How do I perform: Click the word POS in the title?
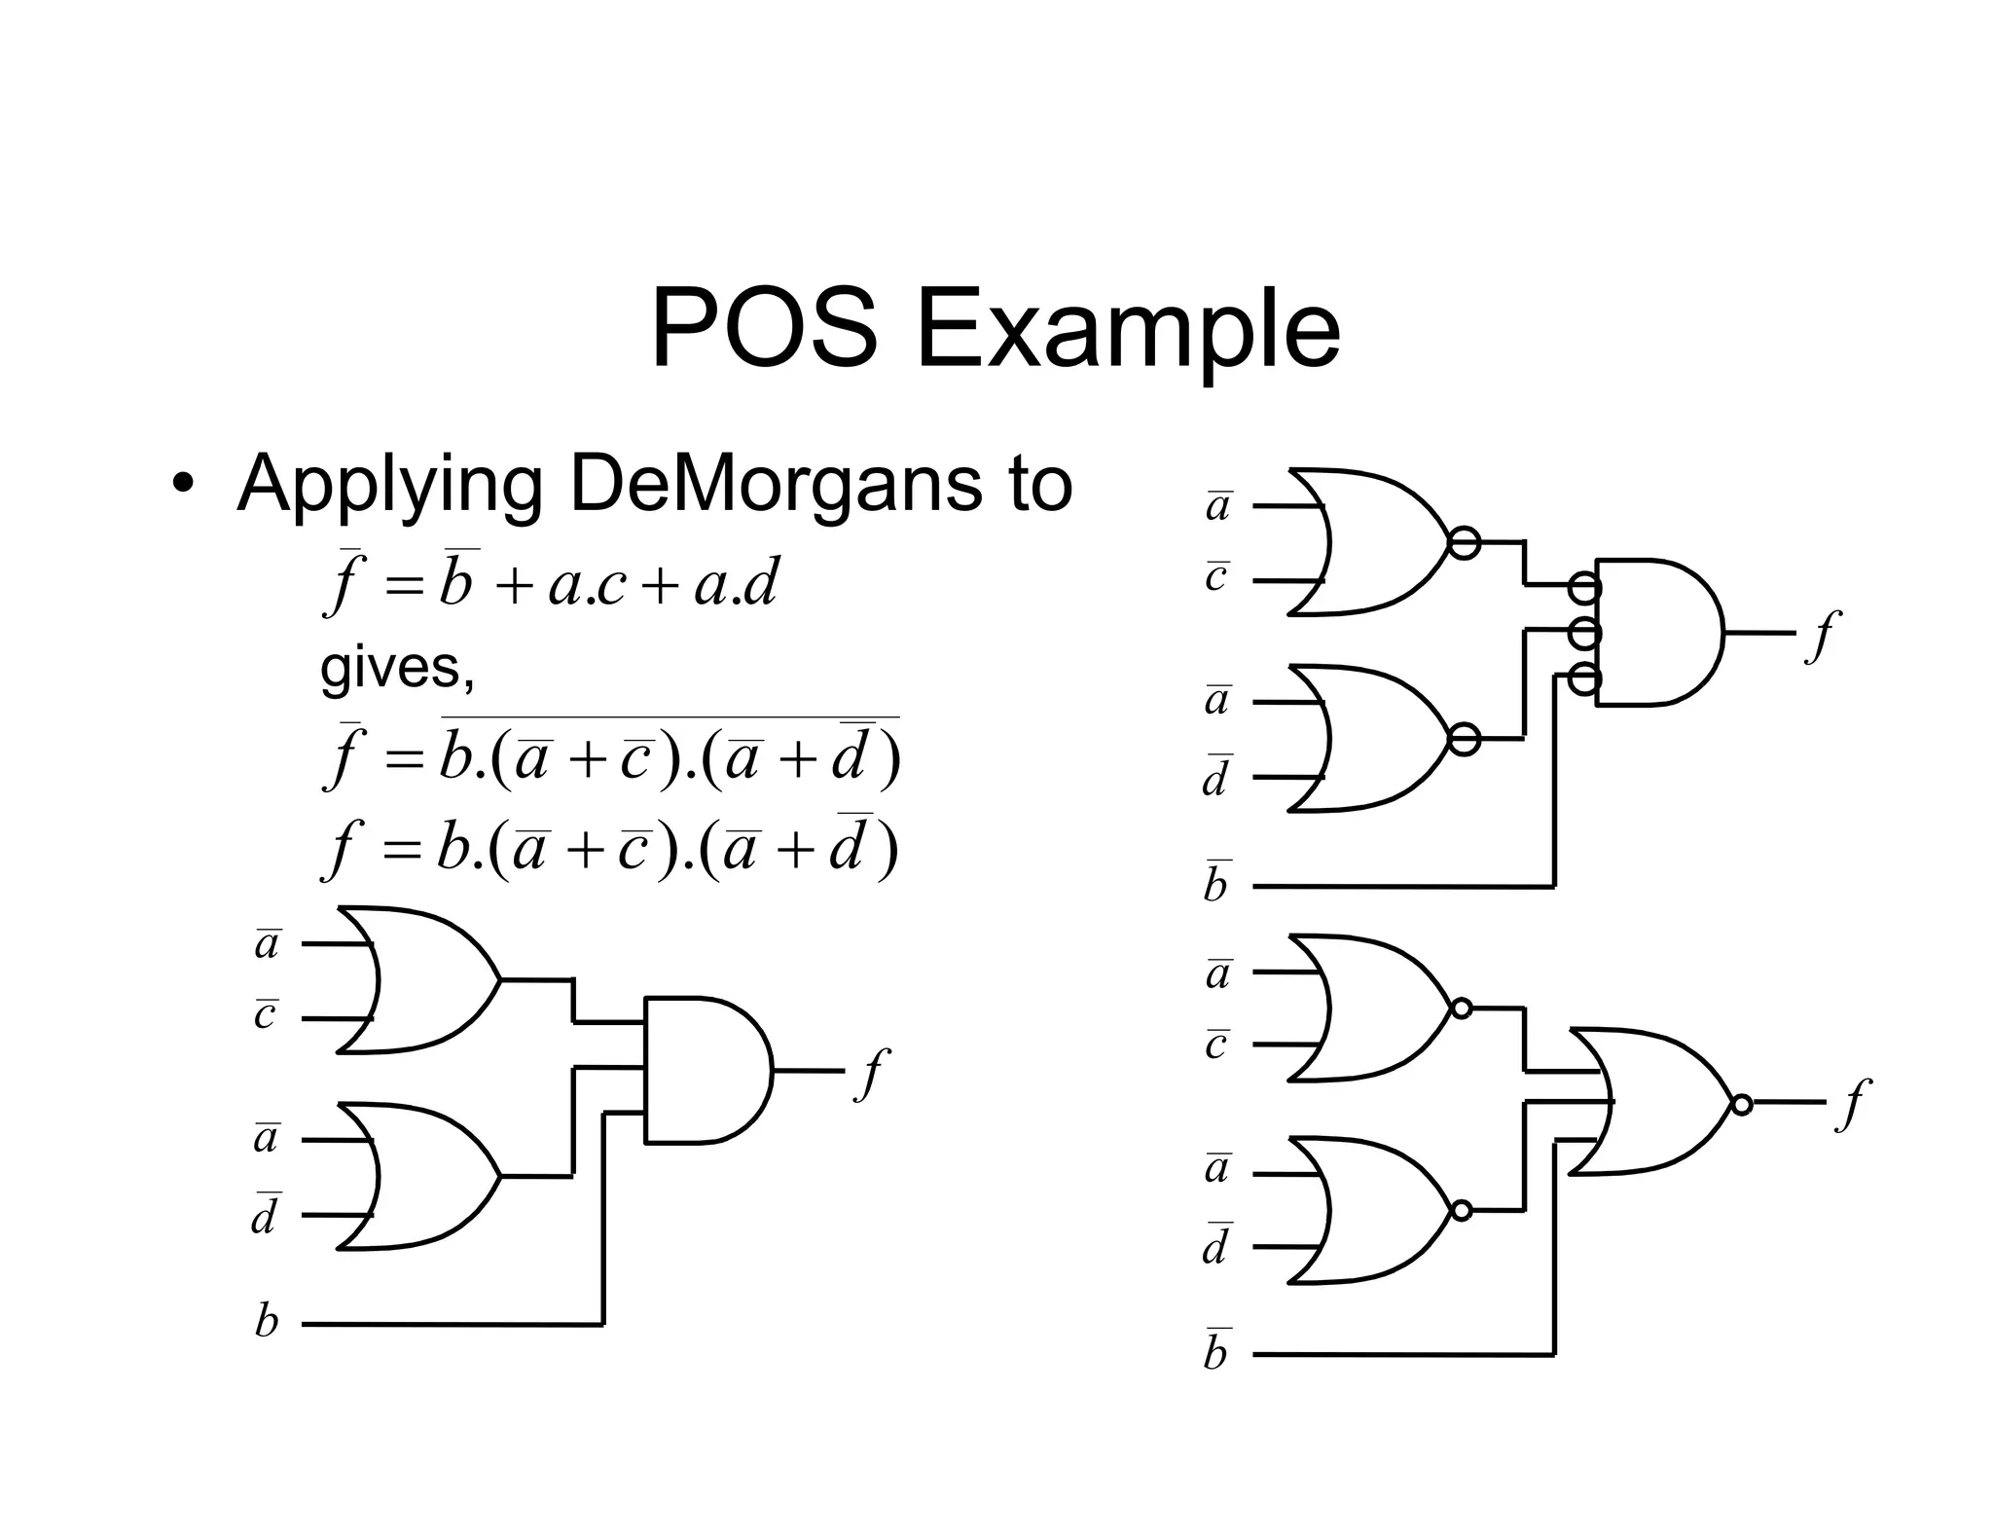[763, 329]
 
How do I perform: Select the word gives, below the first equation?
[397, 668]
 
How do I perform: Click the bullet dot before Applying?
[180, 485]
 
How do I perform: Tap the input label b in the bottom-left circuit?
[266, 1322]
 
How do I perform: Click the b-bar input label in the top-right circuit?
[1216, 882]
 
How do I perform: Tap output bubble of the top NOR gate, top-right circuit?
[1464, 542]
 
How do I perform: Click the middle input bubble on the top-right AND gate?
[1584, 633]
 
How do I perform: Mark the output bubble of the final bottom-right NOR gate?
[1742, 1104]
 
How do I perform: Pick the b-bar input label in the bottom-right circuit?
[1216, 1350]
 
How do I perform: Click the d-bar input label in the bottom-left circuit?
[265, 1214]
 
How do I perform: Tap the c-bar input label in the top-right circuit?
[1216, 576]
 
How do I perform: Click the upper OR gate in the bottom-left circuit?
[418, 979]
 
